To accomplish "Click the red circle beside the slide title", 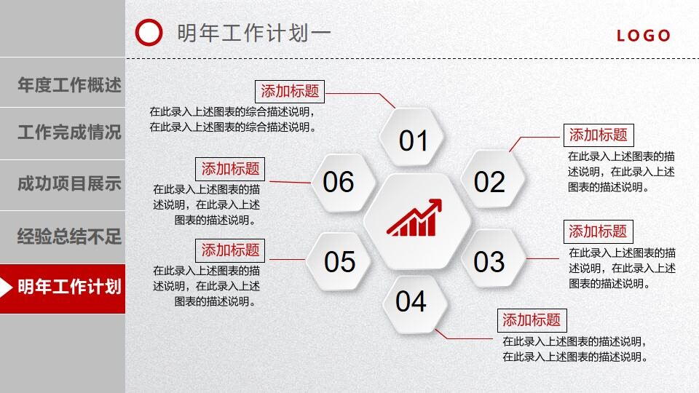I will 149,33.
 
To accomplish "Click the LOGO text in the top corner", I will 644,36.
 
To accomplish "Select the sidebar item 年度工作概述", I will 69,85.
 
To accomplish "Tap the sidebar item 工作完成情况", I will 69,133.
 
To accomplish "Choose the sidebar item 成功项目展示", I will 69,184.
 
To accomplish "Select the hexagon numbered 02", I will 489,182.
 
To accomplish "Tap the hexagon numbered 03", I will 489,261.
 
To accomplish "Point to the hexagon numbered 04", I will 411,301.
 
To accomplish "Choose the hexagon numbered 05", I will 339,261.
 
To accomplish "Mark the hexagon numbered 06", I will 339,182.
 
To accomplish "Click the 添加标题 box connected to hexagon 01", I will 291,92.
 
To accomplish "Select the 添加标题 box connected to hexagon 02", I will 598,135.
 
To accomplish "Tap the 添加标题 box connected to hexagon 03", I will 598,232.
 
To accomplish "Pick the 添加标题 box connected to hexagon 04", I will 532,320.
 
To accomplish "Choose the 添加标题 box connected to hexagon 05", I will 230,250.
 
